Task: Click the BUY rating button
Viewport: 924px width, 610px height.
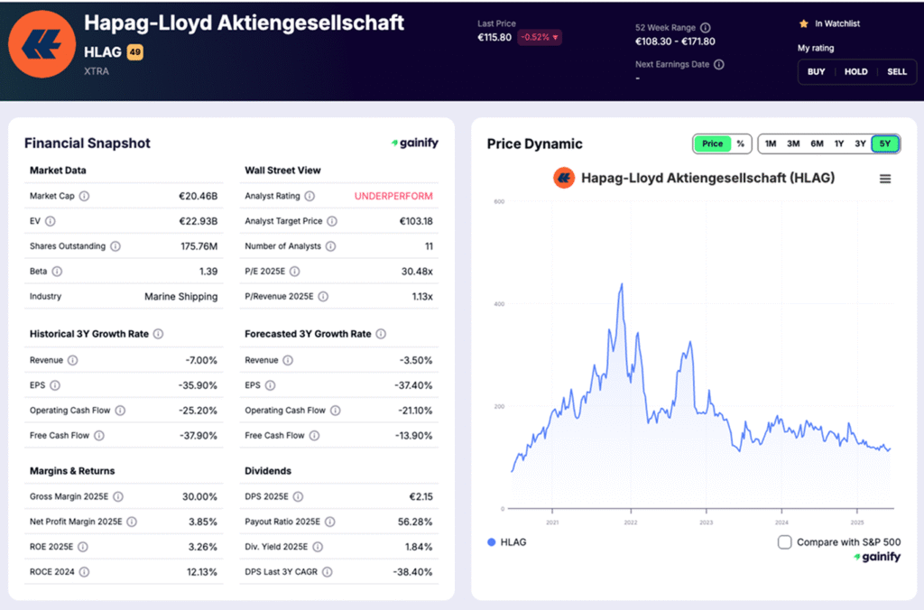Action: (x=816, y=71)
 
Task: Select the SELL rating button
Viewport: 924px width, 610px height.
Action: (x=896, y=71)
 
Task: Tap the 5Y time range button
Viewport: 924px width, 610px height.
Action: (x=885, y=143)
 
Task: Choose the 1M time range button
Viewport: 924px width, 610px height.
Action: (x=771, y=143)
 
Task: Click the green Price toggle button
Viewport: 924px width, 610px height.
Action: (x=712, y=143)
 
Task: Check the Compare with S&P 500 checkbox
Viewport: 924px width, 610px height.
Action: (x=785, y=542)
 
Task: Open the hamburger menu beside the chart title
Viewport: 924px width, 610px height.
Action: (x=885, y=179)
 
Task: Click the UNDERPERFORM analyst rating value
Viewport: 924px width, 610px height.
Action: (x=393, y=196)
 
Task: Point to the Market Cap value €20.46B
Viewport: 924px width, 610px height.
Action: (x=198, y=196)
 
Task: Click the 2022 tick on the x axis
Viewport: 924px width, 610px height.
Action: (x=630, y=522)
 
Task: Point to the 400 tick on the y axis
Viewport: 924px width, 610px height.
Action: (x=498, y=304)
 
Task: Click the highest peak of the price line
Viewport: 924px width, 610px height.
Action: (x=621, y=284)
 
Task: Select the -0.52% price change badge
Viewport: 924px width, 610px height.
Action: (x=539, y=37)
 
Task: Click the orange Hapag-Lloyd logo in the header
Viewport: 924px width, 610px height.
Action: (x=42, y=43)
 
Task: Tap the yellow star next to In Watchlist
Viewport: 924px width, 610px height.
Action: (x=803, y=23)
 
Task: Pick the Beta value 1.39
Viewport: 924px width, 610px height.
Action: (x=208, y=272)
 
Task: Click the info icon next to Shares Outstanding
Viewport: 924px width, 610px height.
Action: (x=115, y=246)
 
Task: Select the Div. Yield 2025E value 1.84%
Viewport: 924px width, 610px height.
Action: (x=416, y=547)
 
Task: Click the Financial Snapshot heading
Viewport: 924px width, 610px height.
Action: (x=88, y=143)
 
